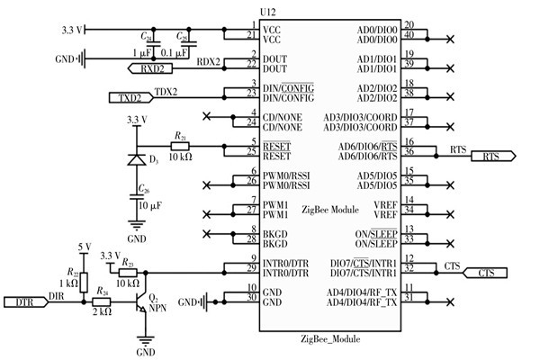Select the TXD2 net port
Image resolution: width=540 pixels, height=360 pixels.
point(130,96)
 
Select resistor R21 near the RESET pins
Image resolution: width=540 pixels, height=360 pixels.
point(181,144)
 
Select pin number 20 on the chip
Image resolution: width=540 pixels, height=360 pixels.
point(409,24)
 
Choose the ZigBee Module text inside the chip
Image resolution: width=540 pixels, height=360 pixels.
point(332,208)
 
